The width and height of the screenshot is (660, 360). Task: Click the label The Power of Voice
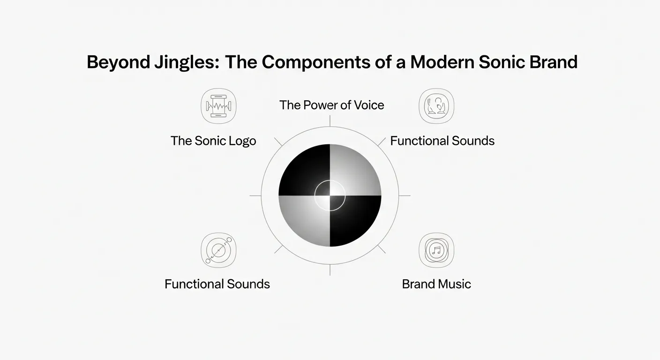pos(331,105)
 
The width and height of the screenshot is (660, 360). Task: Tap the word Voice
pos(368,105)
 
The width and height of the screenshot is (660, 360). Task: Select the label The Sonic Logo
pos(213,141)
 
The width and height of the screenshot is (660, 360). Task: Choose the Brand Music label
pos(436,284)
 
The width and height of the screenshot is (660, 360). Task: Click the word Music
pos(454,284)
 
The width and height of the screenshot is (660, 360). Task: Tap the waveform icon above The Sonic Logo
pos(218,106)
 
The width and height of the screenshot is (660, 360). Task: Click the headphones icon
pos(436,106)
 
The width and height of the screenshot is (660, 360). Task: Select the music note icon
pos(436,250)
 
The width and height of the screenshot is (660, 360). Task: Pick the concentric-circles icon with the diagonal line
pos(218,250)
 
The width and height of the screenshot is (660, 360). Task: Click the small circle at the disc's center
pos(330,195)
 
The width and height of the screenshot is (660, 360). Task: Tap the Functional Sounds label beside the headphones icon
pos(442,141)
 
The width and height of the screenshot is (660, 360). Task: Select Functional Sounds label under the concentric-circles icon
pos(217,284)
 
